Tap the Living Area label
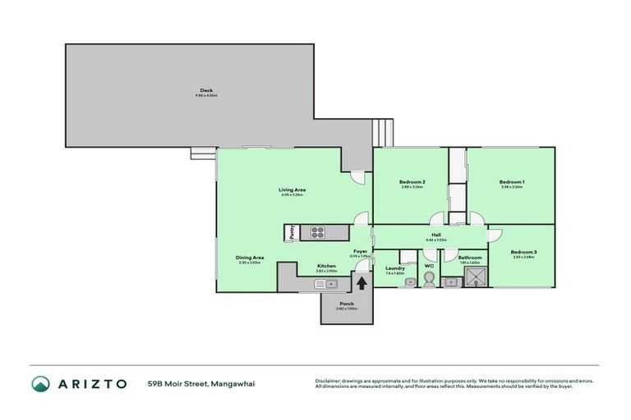click(x=292, y=189)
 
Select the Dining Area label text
click(x=250, y=257)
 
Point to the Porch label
click(x=347, y=304)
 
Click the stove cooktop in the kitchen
click(x=316, y=233)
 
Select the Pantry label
click(x=292, y=233)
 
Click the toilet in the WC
click(x=428, y=281)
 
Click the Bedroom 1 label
click(x=512, y=181)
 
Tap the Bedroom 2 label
click(x=412, y=181)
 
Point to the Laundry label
click(x=395, y=267)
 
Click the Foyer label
click(x=360, y=251)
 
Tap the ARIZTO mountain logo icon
click(x=41, y=384)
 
